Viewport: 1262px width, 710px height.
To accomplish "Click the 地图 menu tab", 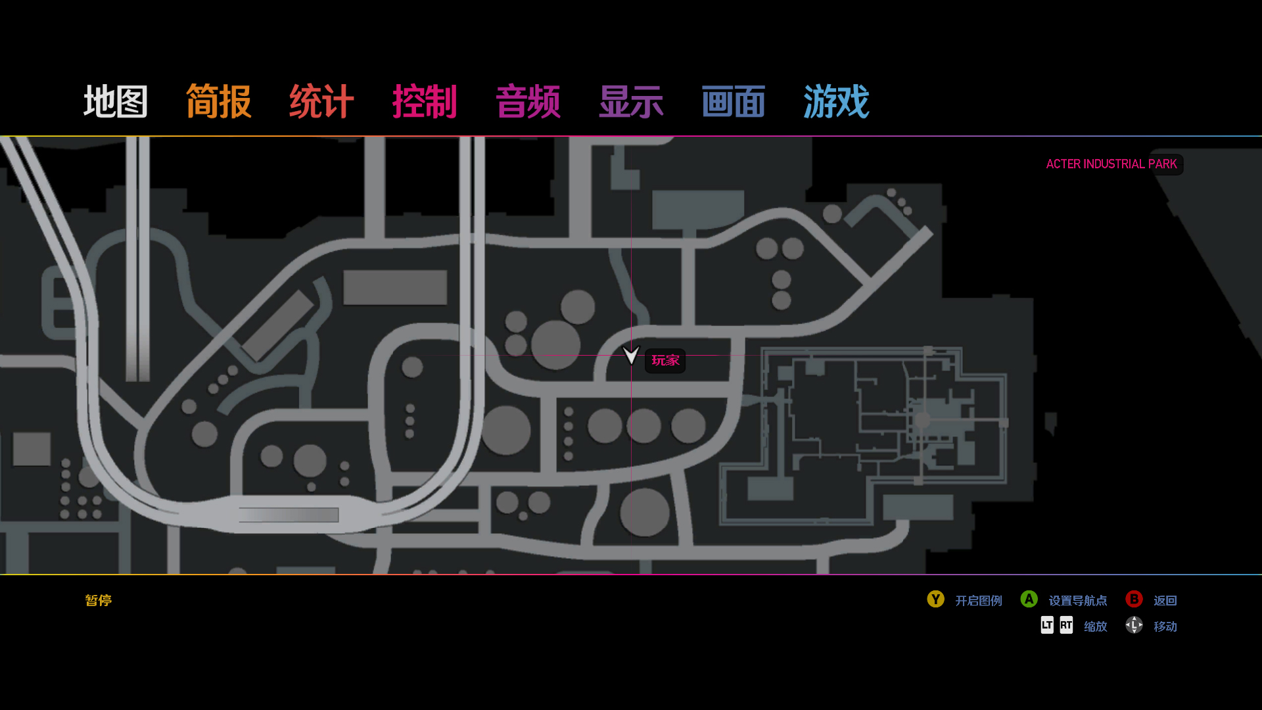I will (116, 102).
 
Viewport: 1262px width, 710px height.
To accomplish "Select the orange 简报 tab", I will (219, 102).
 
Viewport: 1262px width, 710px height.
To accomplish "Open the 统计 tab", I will (321, 102).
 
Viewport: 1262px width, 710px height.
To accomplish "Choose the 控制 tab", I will (425, 102).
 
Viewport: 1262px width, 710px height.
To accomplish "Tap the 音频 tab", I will (528, 102).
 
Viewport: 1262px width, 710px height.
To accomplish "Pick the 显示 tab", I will (631, 102).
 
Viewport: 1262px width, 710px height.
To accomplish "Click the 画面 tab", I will (734, 102).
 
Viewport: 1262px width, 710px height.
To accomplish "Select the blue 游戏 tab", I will (836, 102).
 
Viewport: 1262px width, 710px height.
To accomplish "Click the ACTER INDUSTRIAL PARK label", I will (1111, 164).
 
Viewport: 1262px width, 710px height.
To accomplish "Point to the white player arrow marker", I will (631, 356).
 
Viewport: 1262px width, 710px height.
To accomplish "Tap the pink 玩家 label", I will (665, 360).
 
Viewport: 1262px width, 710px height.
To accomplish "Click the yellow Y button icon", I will (935, 600).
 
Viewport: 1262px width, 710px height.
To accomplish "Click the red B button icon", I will (1134, 600).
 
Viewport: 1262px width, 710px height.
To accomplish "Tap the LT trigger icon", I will (1047, 625).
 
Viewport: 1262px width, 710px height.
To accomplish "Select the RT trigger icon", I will (1066, 625).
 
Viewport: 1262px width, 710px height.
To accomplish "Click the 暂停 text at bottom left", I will (99, 600).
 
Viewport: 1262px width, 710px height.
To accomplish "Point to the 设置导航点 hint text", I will (1078, 601).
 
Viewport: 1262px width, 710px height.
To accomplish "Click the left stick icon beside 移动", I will (1134, 625).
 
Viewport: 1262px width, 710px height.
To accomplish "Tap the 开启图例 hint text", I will (979, 601).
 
